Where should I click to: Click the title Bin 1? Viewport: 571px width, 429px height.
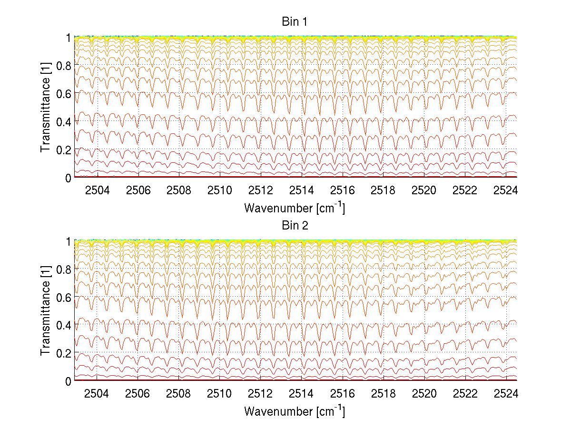click(x=295, y=21)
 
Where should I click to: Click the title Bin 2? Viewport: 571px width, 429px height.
click(x=295, y=225)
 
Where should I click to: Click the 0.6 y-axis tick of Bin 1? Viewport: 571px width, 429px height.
click(x=63, y=94)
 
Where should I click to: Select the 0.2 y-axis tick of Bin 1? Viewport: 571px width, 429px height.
click(x=63, y=150)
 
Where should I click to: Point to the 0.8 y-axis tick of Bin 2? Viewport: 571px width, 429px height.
click(x=63, y=269)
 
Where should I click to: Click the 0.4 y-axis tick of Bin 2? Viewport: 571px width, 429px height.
click(x=63, y=325)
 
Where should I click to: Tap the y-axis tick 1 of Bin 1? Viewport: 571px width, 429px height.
click(x=69, y=38)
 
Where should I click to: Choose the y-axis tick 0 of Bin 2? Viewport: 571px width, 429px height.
click(x=69, y=381)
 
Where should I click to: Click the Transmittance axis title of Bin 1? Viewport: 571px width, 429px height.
click(x=46, y=107)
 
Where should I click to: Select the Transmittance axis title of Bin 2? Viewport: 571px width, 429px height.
click(x=46, y=311)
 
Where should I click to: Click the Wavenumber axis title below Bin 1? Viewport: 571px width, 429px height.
click(x=295, y=208)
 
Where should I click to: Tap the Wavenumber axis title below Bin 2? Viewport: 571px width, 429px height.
click(x=295, y=411)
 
